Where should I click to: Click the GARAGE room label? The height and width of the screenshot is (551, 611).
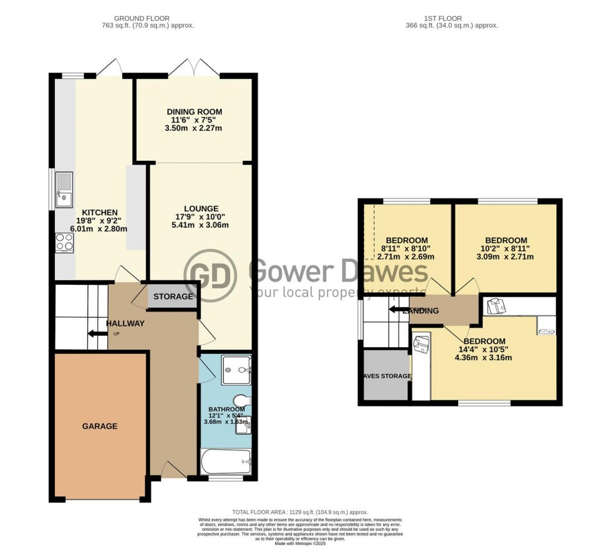point(100,426)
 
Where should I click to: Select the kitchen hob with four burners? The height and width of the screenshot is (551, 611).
point(64,242)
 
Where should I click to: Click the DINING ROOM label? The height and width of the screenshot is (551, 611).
point(194,112)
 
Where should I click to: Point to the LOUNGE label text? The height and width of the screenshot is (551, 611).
point(201,208)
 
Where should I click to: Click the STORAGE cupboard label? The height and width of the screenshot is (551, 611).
point(173,297)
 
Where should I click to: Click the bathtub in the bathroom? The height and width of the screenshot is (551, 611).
point(226,462)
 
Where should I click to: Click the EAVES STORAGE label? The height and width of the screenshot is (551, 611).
point(385,376)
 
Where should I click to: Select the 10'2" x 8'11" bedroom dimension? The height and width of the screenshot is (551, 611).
point(506,248)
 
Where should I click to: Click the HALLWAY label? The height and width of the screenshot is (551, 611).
point(125,323)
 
